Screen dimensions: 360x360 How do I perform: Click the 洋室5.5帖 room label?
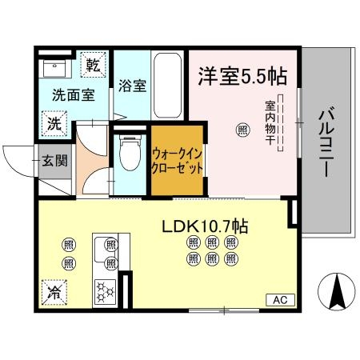[242, 78]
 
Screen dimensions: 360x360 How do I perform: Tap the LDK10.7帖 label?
[206, 227]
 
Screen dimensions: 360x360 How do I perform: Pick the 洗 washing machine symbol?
[53, 124]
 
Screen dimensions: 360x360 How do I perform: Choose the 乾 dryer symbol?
[94, 65]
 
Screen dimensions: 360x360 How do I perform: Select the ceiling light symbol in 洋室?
[241, 129]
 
